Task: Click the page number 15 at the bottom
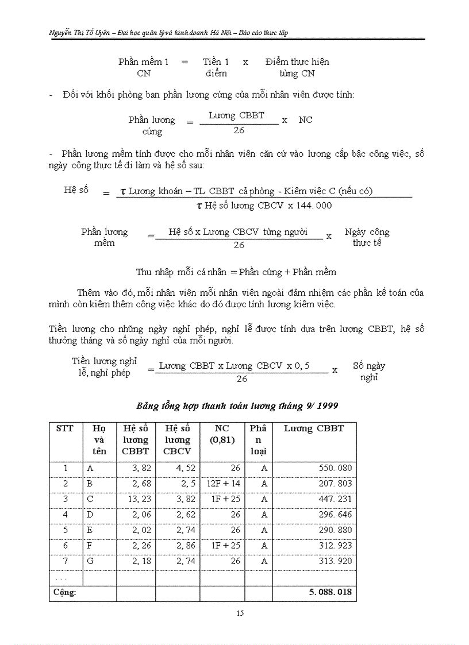240,613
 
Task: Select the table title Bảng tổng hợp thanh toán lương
237,405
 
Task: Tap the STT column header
65,428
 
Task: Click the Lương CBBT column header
314,428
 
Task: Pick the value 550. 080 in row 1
335,468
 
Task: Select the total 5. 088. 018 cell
330,592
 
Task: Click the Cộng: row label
65,592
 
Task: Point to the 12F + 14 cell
223,484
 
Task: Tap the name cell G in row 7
90,561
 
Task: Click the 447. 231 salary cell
335,499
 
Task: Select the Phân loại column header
258,440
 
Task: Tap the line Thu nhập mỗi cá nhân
236,272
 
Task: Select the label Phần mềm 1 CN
144,67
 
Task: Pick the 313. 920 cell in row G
335,561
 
